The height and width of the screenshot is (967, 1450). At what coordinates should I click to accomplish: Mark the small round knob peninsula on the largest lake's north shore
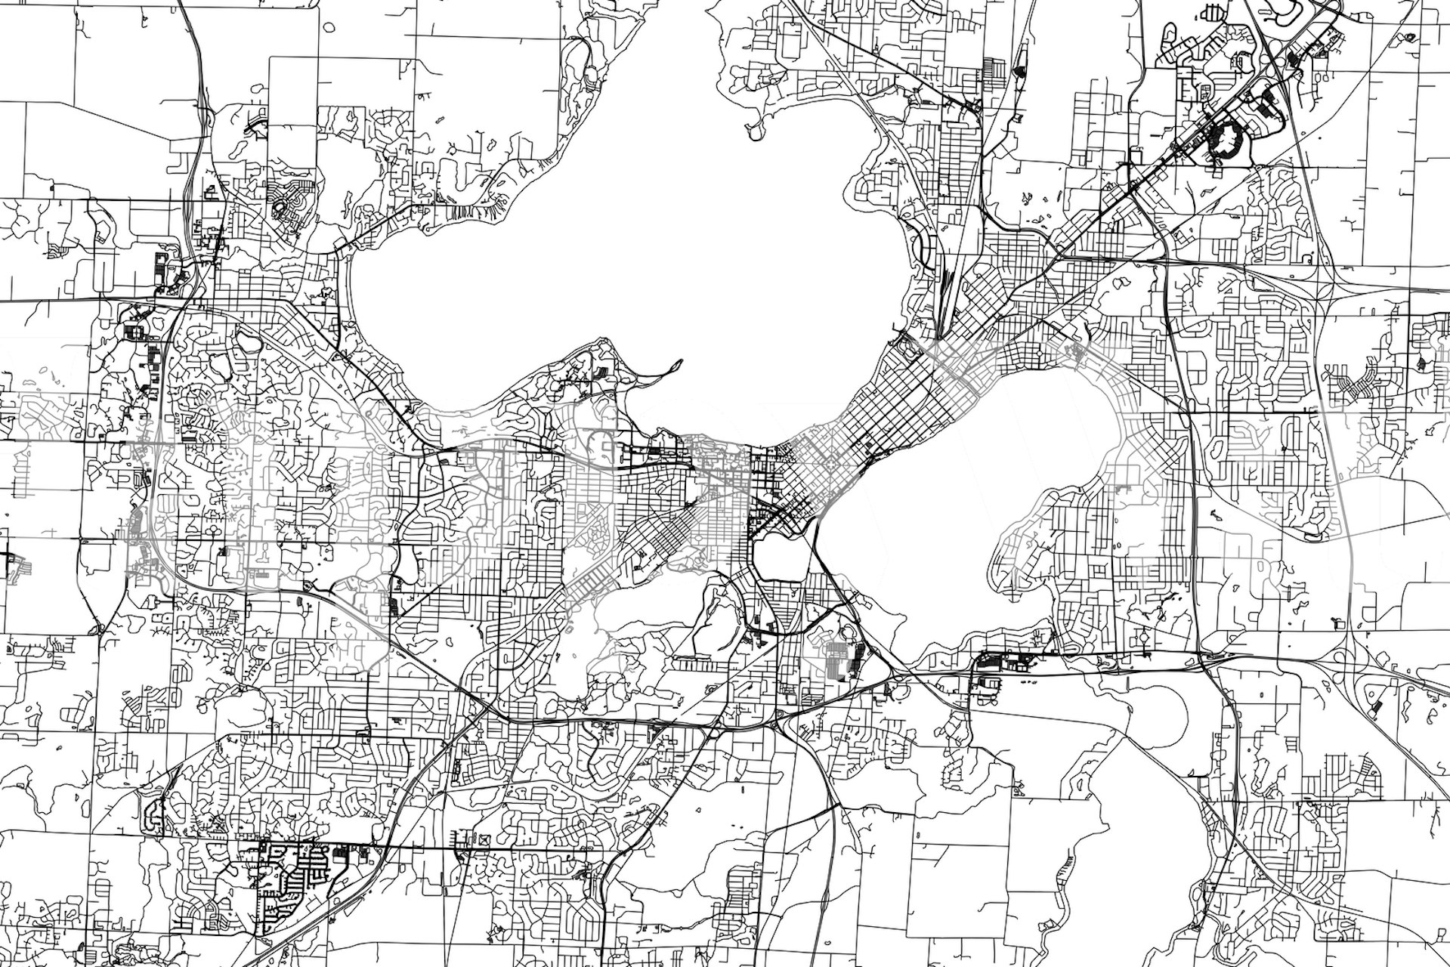coord(756,133)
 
